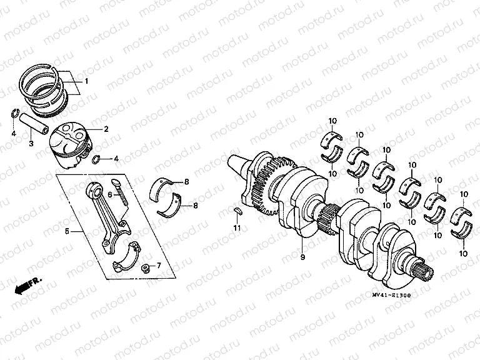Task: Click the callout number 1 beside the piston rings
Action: (86, 82)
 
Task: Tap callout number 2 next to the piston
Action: (106, 129)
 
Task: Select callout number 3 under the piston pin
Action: (30, 144)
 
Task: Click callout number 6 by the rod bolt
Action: (110, 194)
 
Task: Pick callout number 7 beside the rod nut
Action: (158, 265)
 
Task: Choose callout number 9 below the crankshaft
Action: (302, 256)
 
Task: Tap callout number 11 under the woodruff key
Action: (237, 229)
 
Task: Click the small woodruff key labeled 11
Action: (237, 211)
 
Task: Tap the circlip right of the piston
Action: (95, 160)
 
